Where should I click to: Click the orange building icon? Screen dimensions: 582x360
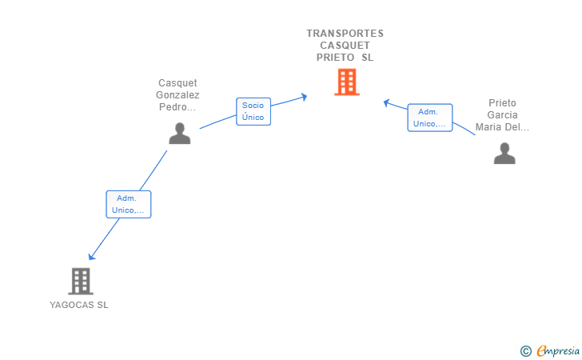tap(347, 82)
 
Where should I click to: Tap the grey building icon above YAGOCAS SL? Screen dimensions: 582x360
tap(81, 282)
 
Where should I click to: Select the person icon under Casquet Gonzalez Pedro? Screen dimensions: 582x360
tap(180, 134)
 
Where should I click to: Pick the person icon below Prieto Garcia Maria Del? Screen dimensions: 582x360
tap(504, 153)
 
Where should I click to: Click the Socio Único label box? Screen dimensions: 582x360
tap(253, 111)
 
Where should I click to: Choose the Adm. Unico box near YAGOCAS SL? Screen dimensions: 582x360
tap(129, 204)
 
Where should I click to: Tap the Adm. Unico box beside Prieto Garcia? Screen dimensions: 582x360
tap(430, 118)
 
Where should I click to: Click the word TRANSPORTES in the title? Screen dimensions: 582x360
tap(345, 34)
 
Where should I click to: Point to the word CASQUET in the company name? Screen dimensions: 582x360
tap(345, 46)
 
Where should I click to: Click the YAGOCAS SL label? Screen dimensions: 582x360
tap(79, 305)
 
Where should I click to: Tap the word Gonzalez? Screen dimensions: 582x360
tap(177, 95)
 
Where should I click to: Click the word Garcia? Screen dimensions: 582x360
tap(502, 115)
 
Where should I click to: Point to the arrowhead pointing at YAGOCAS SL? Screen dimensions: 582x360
tap(91, 256)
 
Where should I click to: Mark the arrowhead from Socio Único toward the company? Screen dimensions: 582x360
tap(304, 97)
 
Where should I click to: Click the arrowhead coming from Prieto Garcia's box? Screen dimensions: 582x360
tap(387, 103)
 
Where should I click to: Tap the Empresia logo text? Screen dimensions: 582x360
tap(558, 350)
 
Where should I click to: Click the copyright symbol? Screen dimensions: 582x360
tap(526, 351)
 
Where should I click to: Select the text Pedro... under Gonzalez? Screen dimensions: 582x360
tap(177, 107)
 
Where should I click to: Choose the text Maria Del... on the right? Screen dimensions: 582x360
tap(502, 127)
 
